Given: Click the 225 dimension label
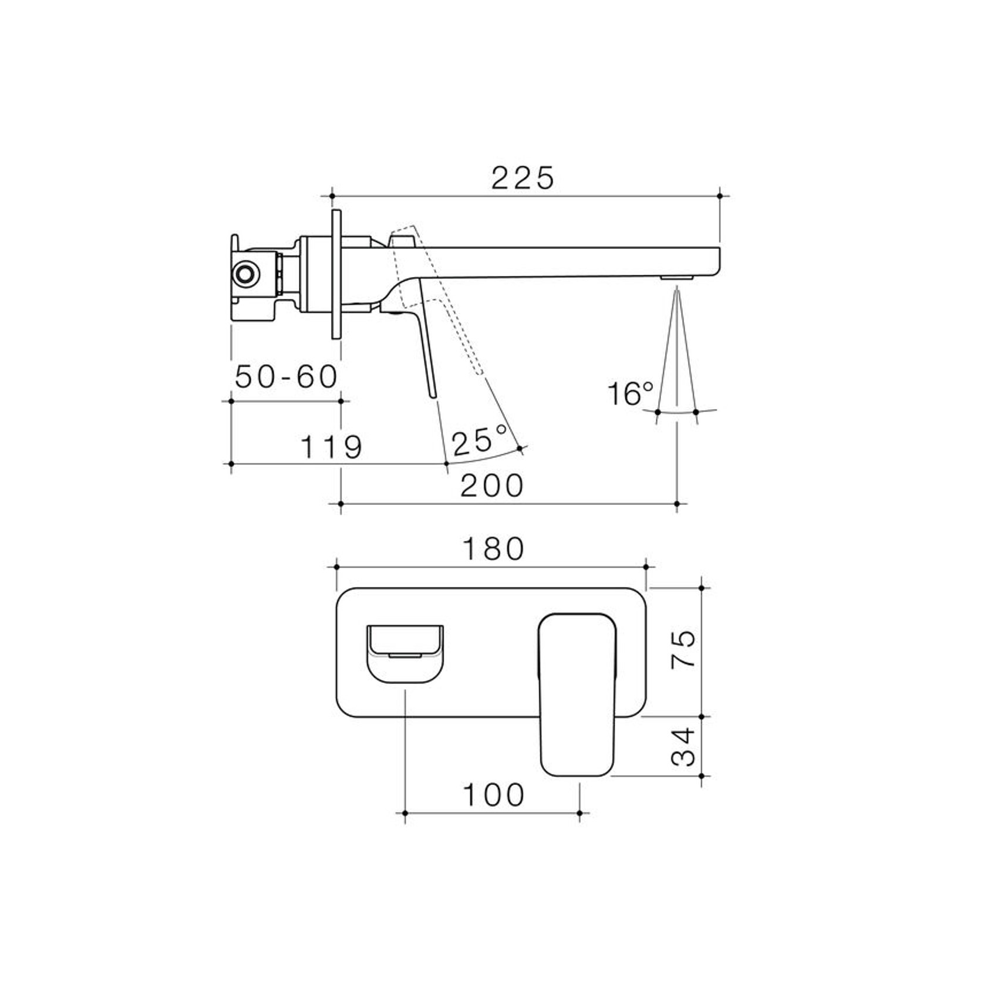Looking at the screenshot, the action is pyautogui.click(x=523, y=178).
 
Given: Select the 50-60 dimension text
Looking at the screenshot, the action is pyautogui.click(x=287, y=376).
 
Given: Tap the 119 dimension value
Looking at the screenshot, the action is pyautogui.click(x=332, y=447).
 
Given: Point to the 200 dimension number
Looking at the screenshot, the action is pyautogui.click(x=491, y=486).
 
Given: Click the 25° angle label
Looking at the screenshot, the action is pyautogui.click(x=480, y=440).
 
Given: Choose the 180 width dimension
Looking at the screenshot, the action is pyautogui.click(x=493, y=549).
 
